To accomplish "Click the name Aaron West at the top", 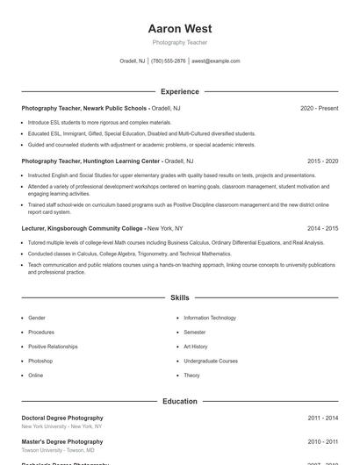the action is coord(180,29).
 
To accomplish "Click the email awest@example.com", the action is coord(215,61).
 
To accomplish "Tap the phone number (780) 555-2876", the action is coord(169,61).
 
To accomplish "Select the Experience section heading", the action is coord(180,91).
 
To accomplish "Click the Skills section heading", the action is coord(180,298).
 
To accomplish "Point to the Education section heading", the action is coord(180,401).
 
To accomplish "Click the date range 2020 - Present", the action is coord(319,108).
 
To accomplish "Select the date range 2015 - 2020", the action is coord(323,161).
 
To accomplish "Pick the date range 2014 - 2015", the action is coord(323,228).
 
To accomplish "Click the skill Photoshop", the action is coord(40,361).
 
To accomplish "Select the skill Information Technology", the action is coord(210,318).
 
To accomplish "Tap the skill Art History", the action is coord(196,347).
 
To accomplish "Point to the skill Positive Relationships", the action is coord(53,347).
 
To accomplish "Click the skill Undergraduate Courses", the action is coord(211,361).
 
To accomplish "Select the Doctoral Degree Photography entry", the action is coord(62,418).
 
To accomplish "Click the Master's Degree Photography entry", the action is coord(62,441).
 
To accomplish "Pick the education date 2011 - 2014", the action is coord(323,418).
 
